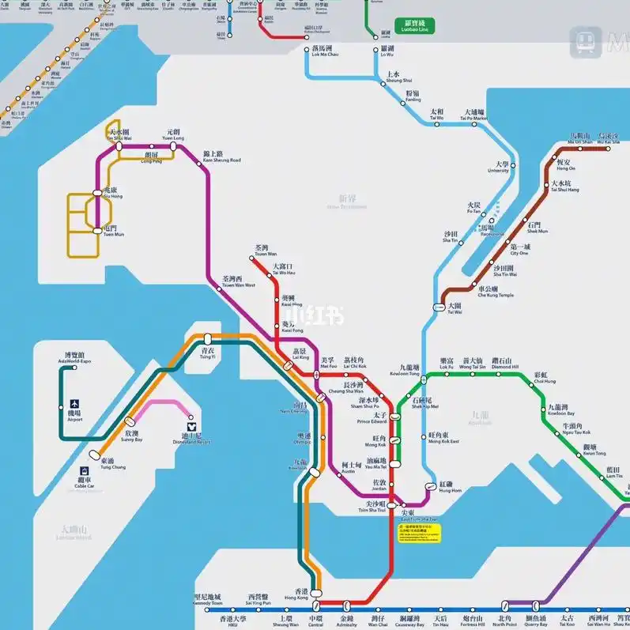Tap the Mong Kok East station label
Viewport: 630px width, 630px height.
pyautogui.click(x=443, y=438)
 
